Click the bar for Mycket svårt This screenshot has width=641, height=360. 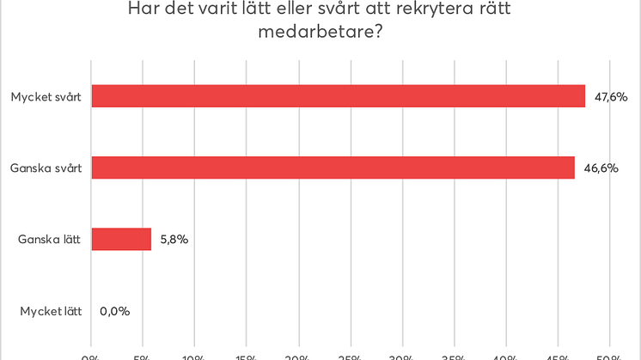[338, 96]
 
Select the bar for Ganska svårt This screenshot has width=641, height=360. [333, 168]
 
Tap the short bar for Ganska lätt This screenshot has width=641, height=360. [120, 239]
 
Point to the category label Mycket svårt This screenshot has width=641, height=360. [46, 97]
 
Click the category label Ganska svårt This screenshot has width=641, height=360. [46, 168]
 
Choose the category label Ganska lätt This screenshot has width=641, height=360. [49, 240]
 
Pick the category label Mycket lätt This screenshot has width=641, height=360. [51, 311]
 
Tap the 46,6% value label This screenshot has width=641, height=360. [601, 168]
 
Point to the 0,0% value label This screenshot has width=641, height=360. [115, 311]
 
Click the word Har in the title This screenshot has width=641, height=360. [143, 9]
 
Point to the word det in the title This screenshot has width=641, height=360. [180, 9]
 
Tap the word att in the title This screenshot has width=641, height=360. [400, 9]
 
